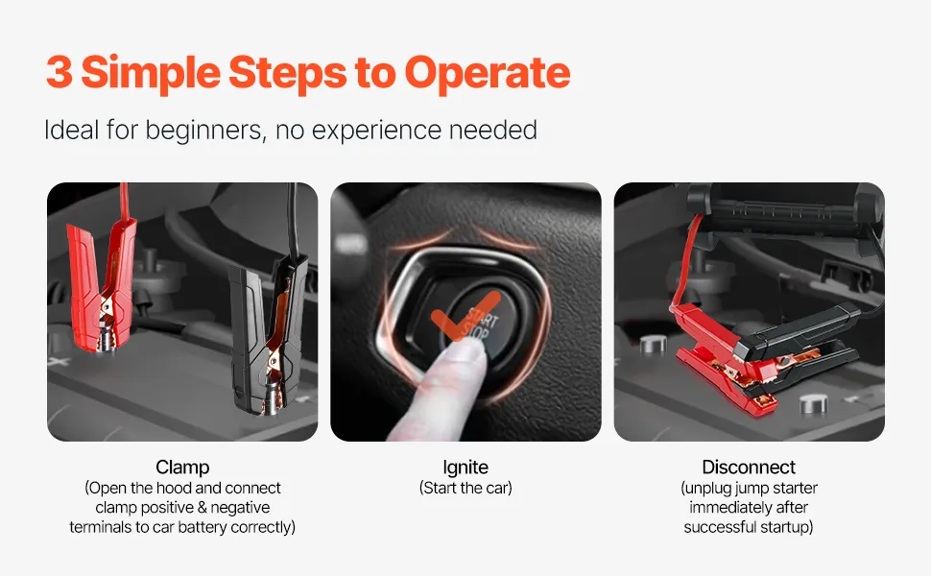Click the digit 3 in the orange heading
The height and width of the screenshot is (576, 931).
pos(59,72)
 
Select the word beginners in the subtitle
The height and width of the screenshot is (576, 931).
pos(205,130)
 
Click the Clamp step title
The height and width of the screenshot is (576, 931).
pos(182,468)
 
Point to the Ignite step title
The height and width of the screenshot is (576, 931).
pos(465,468)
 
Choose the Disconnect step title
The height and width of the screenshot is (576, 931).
pos(748,468)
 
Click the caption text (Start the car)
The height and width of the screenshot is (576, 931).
pos(465,488)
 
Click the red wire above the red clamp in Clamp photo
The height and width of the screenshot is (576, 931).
pos(124,201)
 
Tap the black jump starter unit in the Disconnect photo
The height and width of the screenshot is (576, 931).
pos(784,207)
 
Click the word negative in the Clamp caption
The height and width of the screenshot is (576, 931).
pos(240,508)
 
